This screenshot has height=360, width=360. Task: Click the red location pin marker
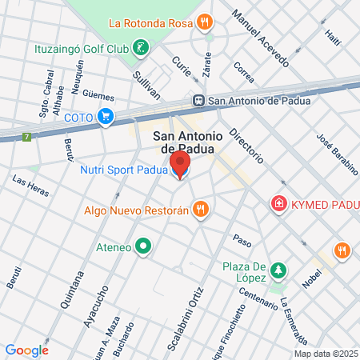click(179, 165)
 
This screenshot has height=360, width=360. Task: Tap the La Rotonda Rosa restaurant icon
click(206, 22)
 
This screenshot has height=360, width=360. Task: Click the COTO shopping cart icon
click(105, 117)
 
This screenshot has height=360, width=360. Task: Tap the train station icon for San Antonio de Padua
click(198, 101)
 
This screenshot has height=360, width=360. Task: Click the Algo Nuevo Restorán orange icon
click(201, 210)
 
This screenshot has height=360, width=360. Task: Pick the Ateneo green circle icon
click(143, 246)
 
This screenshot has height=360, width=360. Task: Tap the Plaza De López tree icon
click(278, 270)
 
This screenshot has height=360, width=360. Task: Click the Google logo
click(26, 350)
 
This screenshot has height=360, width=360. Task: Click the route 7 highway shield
click(29, 137)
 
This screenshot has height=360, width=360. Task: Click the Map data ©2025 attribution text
click(326, 354)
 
